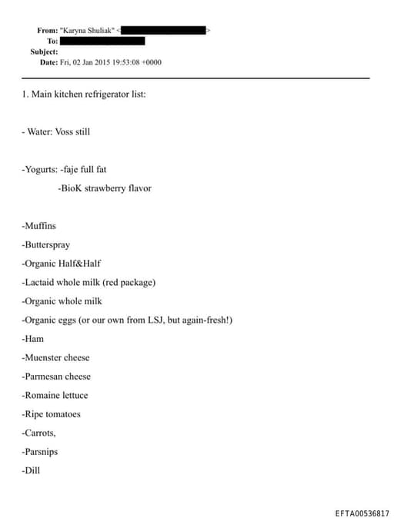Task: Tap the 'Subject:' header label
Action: coord(44,51)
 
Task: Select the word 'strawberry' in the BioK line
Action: coord(104,188)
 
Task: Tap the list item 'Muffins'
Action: coord(40,226)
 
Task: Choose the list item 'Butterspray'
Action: coord(47,245)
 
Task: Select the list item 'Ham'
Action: coord(34,339)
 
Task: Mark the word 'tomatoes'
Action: coord(62,414)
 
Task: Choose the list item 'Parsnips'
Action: coord(41,452)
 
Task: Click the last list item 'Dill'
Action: coord(32,470)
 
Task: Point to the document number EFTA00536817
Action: coord(362,513)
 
